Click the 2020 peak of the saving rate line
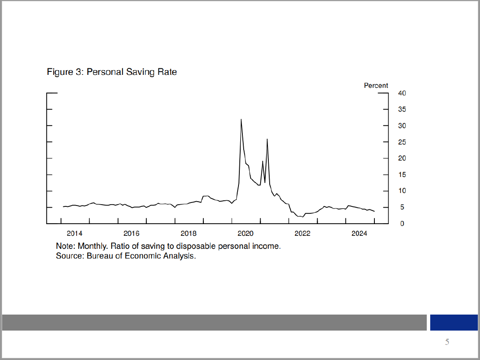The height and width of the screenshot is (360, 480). coord(241,119)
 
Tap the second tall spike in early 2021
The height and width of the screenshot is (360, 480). coord(267,139)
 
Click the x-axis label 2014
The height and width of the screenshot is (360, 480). coord(74,234)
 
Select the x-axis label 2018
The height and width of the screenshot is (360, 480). coord(188,234)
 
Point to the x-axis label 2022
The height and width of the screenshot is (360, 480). coord(302,234)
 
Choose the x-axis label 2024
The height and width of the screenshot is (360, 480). coord(359,234)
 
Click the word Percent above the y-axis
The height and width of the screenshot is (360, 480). coord(376,86)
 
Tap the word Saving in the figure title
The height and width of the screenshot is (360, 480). coord(138,72)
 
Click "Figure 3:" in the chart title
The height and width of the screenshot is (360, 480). coord(65,72)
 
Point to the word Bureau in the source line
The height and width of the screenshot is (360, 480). coord(100,256)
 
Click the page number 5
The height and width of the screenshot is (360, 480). coord(447,342)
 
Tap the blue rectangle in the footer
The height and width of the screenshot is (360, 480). coord(453,322)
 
